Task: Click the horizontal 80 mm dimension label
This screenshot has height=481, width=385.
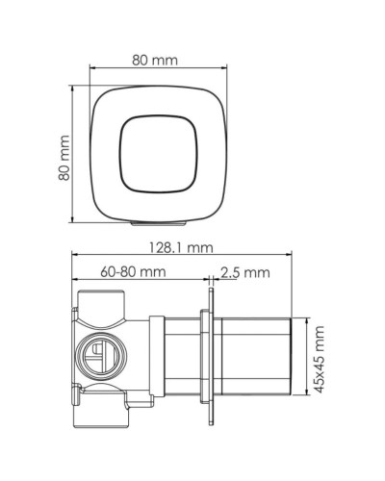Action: (154, 61)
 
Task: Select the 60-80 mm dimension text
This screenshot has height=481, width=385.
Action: (125, 272)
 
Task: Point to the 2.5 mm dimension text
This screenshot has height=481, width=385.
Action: (244, 272)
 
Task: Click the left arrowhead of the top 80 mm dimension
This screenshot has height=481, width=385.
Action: (92, 69)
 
